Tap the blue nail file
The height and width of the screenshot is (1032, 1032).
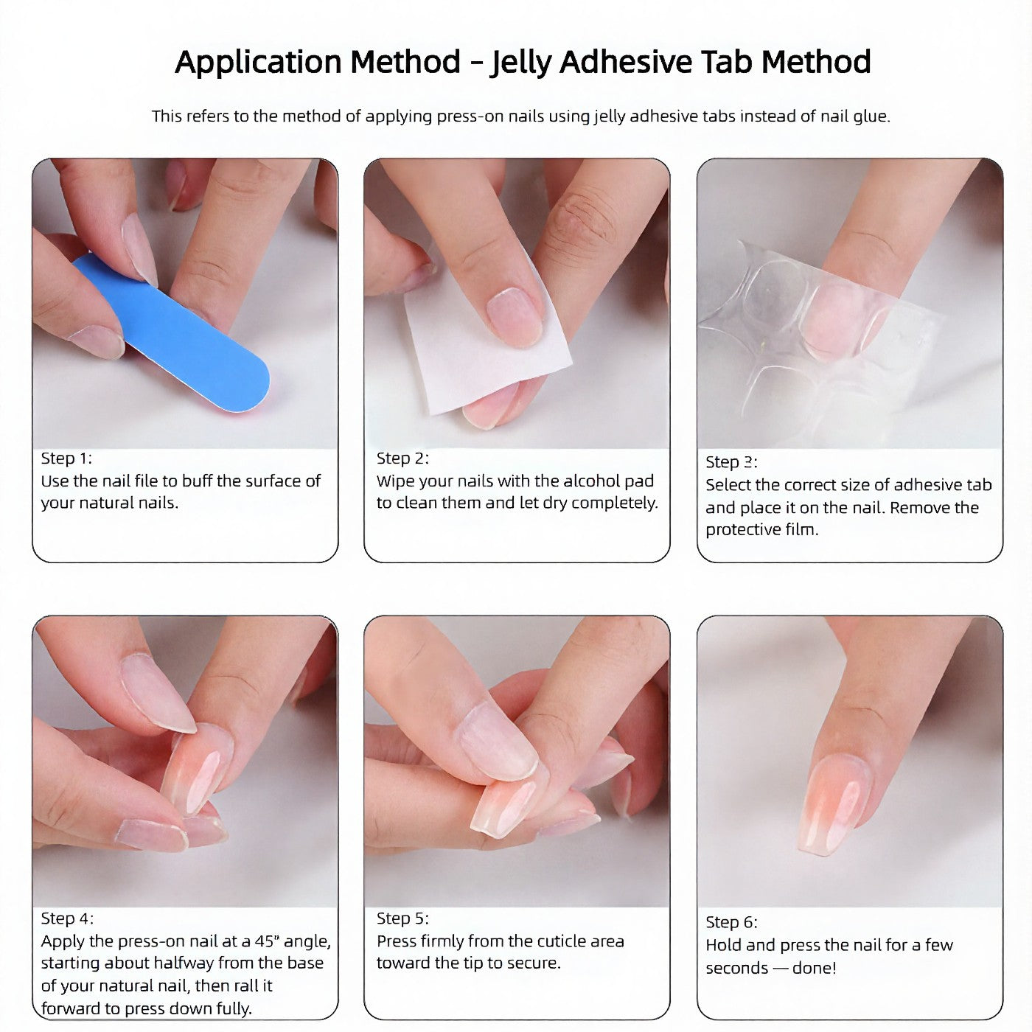171,332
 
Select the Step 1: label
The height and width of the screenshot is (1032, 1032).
66,459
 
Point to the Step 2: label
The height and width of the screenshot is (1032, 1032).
402,459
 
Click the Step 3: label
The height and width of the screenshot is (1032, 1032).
731,462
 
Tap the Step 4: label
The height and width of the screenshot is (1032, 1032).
67,918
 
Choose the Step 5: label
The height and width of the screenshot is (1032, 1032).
402,918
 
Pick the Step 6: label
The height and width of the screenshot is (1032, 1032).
731,922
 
